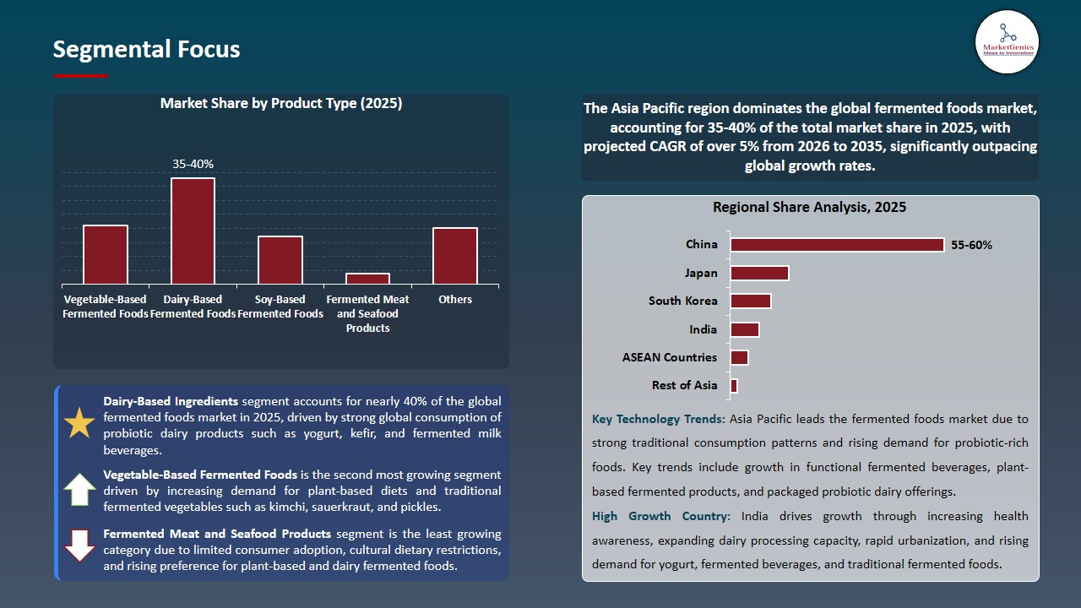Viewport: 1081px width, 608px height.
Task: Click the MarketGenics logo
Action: pos(1007,41)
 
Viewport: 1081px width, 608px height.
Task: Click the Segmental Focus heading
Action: pos(146,50)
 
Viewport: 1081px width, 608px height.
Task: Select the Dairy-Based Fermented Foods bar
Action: pos(193,231)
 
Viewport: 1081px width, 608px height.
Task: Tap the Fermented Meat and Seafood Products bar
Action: pos(367,279)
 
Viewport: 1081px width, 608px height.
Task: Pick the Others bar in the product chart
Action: pos(455,256)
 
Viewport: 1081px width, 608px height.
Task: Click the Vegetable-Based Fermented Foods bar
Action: pos(106,254)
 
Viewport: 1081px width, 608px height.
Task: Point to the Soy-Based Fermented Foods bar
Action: pos(280,260)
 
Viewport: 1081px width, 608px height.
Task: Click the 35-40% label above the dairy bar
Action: pos(193,165)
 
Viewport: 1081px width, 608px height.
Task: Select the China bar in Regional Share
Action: pos(837,245)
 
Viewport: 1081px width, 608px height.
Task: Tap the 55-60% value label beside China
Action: pos(971,245)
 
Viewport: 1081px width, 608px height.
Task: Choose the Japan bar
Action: pos(759,273)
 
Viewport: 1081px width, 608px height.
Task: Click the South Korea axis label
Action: pos(682,301)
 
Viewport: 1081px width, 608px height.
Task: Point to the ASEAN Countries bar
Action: pos(739,357)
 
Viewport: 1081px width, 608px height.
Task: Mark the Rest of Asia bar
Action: pos(734,385)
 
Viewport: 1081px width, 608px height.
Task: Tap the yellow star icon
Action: pos(80,423)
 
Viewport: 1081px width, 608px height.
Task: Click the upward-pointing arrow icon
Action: pos(80,490)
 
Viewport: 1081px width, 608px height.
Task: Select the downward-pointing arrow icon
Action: pos(80,546)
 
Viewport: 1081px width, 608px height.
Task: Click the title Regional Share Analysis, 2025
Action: pos(809,207)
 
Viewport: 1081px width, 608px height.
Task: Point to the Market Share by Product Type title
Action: pos(281,104)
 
